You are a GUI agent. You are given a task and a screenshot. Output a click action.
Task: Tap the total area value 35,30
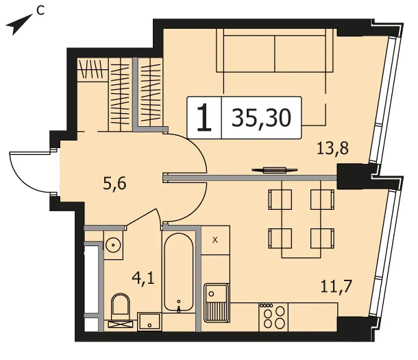click(261, 118)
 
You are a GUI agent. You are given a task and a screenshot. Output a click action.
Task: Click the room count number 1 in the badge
click(204, 118)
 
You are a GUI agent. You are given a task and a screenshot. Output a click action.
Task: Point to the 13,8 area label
click(333, 148)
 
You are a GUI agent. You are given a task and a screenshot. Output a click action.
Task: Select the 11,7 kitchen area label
click(336, 287)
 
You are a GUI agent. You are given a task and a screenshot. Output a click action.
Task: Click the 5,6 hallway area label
click(114, 184)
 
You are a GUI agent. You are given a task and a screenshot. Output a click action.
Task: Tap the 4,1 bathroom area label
click(143, 278)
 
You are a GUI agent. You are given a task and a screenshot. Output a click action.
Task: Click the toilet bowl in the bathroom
click(121, 307)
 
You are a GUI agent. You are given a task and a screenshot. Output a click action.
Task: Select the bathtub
click(179, 272)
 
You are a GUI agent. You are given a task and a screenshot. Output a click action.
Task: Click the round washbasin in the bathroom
click(113, 244)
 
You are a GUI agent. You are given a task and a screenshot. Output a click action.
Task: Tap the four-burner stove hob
click(273, 317)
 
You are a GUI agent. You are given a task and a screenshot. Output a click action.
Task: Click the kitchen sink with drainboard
click(217, 303)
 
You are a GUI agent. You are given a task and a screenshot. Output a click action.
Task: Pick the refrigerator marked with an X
click(215, 240)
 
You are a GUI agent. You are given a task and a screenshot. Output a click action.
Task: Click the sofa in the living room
click(275, 51)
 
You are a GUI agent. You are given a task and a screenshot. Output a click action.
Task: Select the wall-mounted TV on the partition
click(275, 170)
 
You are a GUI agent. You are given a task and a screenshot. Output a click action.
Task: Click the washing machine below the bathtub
click(149, 322)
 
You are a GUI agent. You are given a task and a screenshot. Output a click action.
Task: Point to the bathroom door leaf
click(141, 218)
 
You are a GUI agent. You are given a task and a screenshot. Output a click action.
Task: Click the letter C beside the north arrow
click(40, 11)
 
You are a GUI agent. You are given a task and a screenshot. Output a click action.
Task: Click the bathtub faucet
click(179, 307)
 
